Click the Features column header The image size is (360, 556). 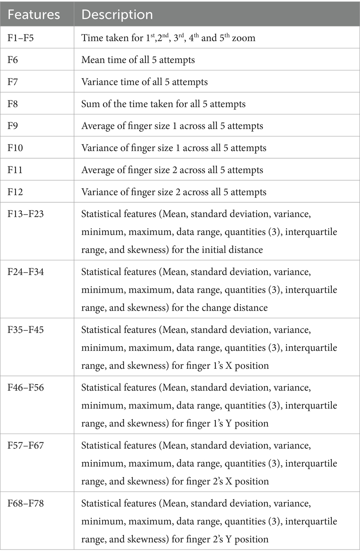34,14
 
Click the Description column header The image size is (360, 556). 117,14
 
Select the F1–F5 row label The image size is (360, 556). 21,38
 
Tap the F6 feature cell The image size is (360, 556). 13,60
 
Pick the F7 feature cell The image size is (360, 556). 13,82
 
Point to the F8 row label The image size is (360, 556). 13,104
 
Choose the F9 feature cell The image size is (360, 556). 13,126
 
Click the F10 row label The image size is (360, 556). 15,148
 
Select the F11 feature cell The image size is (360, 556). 15,170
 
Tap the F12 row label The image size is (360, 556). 15,192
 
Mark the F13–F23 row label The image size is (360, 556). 25,214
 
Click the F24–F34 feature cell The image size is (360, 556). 25,272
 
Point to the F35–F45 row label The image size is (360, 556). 25,330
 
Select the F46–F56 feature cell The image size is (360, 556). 25,387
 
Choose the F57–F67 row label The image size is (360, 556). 25,445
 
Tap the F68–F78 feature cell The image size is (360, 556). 25,503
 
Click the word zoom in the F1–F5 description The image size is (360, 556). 243,38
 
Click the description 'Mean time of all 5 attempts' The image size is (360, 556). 138,60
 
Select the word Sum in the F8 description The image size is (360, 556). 88,104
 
